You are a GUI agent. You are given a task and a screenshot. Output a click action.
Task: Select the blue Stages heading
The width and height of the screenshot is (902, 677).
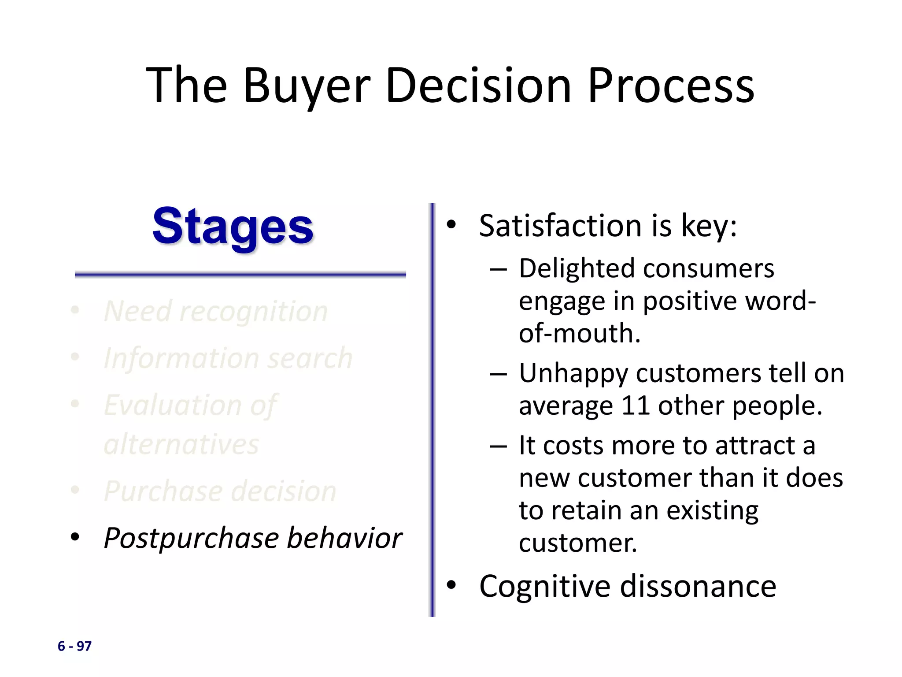click(233, 227)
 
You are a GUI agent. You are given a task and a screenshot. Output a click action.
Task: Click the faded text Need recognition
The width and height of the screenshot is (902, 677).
click(216, 311)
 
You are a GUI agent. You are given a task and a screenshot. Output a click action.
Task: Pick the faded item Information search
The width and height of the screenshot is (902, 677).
click(228, 358)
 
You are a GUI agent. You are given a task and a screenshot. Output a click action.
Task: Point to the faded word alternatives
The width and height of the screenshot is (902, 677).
click(181, 444)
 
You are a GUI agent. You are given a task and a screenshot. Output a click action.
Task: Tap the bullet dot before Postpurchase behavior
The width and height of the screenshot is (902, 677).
click(75, 537)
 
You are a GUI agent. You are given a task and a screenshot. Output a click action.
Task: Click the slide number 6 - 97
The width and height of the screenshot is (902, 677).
click(74, 646)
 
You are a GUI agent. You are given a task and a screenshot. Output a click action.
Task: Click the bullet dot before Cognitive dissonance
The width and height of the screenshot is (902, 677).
click(451, 585)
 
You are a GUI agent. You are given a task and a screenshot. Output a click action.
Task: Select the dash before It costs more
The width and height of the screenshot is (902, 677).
click(498, 446)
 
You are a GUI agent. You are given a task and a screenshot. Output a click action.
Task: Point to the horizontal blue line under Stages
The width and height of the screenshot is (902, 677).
click(240, 275)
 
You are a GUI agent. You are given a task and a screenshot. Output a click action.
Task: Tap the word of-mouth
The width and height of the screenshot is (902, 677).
click(579, 333)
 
